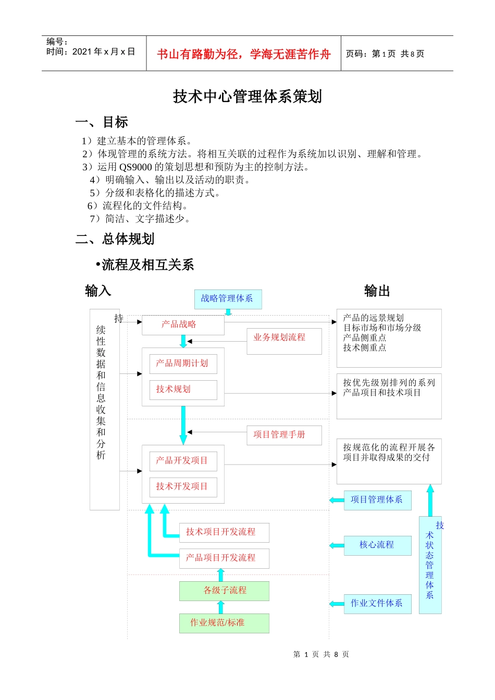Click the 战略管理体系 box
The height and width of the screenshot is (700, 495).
(x=228, y=299)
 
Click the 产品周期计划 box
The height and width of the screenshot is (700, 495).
(x=183, y=364)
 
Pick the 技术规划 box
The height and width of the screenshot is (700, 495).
(x=183, y=390)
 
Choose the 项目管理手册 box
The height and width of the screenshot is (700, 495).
(x=284, y=435)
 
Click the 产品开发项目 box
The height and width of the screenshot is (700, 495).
(x=183, y=461)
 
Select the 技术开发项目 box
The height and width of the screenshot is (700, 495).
(x=183, y=487)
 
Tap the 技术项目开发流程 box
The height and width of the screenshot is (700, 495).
(x=224, y=532)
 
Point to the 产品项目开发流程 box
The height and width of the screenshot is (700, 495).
(x=224, y=558)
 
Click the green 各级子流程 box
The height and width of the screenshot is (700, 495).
(x=224, y=591)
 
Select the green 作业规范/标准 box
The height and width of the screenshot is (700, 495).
(x=224, y=623)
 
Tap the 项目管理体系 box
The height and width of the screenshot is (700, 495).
(x=377, y=500)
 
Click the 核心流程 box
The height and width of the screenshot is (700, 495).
(x=377, y=545)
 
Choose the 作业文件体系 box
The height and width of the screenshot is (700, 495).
(x=377, y=604)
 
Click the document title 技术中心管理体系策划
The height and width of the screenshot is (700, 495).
(x=247, y=97)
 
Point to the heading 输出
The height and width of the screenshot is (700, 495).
(x=377, y=291)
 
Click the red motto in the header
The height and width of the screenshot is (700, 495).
(x=243, y=54)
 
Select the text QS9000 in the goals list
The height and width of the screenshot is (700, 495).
(x=135, y=167)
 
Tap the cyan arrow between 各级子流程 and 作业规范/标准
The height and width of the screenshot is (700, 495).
(x=220, y=607)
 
